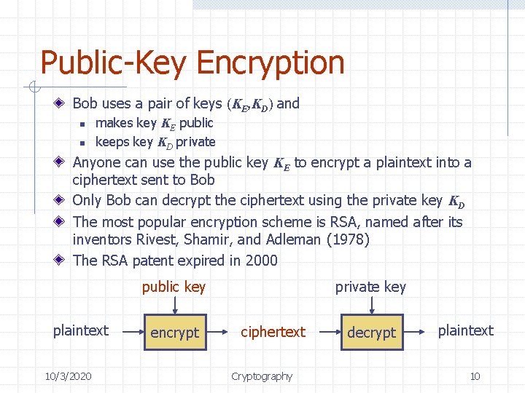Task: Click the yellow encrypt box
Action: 174,332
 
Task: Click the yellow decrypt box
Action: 371,332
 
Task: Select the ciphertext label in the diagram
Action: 273,332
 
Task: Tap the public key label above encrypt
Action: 174,287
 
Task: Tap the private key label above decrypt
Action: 370,287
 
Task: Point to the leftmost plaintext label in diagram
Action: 80,330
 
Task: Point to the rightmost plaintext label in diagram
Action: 465,330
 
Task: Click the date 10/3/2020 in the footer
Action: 68,376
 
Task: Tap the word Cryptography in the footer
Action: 262,376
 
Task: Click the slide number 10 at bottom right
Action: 475,376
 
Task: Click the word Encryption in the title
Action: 270,63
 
